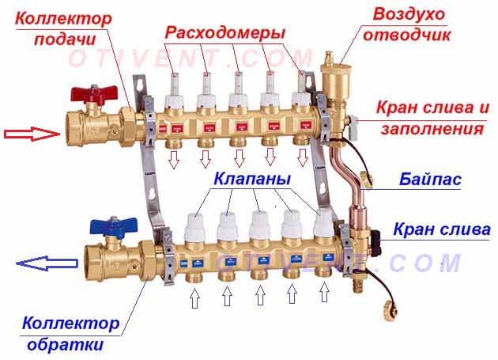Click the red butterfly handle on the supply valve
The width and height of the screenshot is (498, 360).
point(94,93)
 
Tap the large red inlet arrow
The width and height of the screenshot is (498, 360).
point(32,134)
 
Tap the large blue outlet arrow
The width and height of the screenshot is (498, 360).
point(47,263)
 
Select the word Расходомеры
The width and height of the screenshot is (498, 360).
point(225,32)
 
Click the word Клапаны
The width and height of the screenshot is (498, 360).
point(252,179)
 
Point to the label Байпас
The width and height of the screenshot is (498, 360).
point(430,180)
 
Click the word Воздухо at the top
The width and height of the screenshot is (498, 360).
point(409,14)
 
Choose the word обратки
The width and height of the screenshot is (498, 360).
point(66,344)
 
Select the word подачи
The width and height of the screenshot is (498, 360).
point(65,40)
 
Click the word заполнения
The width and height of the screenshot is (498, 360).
point(432,129)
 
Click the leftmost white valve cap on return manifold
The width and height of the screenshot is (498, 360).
point(194,227)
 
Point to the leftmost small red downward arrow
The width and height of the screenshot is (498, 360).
point(174,159)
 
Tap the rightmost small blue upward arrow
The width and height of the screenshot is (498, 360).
point(324,292)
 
